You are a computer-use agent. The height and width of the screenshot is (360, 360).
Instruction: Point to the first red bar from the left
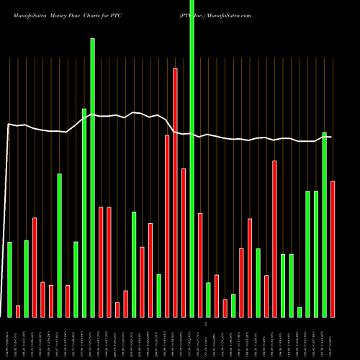[18, 311]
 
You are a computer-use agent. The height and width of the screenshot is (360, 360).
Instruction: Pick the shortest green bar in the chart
[300, 312]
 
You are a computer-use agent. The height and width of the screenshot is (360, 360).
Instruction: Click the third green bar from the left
[60, 245]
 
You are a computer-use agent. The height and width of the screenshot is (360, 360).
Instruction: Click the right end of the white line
[332, 137]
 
